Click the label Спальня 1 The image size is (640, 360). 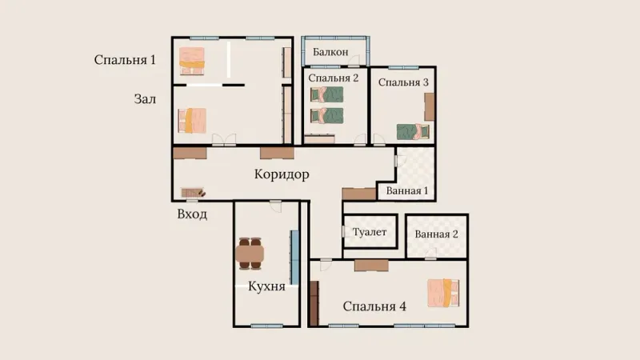[x=125, y=60]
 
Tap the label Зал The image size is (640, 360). [x=145, y=99]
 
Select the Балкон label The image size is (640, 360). [x=330, y=52]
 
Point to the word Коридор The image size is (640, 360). [x=282, y=174]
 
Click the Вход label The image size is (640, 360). [x=192, y=214]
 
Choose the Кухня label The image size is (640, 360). [x=266, y=286]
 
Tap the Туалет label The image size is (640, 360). [x=370, y=232]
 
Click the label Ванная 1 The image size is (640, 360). [x=407, y=190]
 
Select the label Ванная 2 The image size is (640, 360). [x=436, y=234]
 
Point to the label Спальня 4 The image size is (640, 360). [x=374, y=306]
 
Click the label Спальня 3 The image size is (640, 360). [x=403, y=82]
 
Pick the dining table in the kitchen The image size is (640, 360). [x=250, y=254]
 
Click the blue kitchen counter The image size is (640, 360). [x=294, y=258]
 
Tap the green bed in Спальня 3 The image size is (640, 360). [x=413, y=132]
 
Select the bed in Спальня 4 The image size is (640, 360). [x=443, y=293]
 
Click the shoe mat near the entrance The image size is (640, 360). [x=193, y=192]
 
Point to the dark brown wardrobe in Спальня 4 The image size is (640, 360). [x=314, y=303]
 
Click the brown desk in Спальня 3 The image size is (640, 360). [x=430, y=107]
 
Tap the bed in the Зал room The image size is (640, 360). [x=192, y=121]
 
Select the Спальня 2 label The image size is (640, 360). [x=334, y=78]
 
